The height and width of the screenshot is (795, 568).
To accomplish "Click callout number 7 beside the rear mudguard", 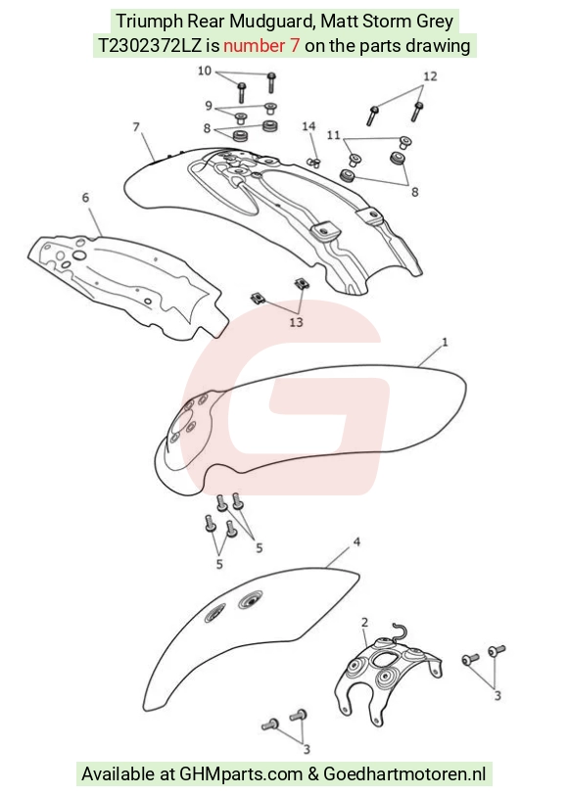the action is coord(136,126).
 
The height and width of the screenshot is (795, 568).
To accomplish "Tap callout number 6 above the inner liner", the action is coord(85,197).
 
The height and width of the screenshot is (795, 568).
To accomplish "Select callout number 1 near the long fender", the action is coord(445,343).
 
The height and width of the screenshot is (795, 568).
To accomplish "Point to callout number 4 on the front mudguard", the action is coord(356,542).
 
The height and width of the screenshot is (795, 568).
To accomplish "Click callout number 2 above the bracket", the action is coord(364,622).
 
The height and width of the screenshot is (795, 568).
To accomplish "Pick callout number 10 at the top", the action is coord(205,70).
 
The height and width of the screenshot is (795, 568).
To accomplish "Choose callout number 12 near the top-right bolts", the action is coord(430,76).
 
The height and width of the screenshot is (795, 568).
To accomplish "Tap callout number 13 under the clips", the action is coord(296,322).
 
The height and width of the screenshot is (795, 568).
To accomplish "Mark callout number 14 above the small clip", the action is coord(308,126).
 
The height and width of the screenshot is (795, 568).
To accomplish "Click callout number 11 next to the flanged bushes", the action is coord(333,135).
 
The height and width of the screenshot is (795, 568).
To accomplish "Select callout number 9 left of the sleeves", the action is coord(209,106).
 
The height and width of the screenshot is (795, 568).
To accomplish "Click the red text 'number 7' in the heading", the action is coord(261,46).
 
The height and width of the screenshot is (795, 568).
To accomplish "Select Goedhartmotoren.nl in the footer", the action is coord(404,774).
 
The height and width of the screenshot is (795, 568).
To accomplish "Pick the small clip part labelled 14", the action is coord(314,163).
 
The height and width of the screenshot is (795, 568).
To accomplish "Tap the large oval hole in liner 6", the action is coord(79,255).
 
